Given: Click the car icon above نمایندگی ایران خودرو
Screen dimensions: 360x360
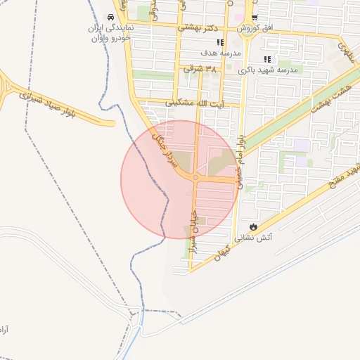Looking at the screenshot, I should [110, 17].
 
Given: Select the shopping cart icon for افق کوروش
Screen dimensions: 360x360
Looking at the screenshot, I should [255, 18].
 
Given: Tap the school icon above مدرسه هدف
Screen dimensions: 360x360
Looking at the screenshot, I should [220, 43].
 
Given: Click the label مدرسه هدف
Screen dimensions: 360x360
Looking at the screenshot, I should [221, 53].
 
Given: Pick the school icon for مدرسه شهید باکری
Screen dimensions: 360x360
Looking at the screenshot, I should [266, 60].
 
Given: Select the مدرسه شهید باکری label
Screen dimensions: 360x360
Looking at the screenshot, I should [268, 70].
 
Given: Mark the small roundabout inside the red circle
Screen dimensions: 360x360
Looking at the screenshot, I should [195, 178].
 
